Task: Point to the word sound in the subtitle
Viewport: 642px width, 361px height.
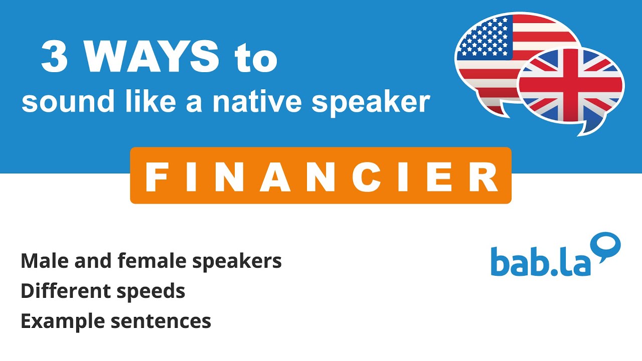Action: tap(55, 102)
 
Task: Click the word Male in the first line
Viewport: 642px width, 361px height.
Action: tap(41, 261)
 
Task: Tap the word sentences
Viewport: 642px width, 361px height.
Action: tap(160, 321)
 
